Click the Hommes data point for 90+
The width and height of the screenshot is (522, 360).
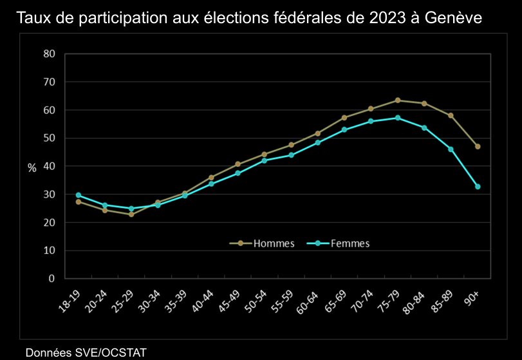coord(478,147)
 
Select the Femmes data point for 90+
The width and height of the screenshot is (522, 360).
coord(478,187)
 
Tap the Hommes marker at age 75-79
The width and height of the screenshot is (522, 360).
coord(398,100)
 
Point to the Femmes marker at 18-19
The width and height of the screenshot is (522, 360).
coord(79,195)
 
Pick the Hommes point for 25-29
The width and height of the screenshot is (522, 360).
coord(131,214)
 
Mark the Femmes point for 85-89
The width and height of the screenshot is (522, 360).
coord(451,149)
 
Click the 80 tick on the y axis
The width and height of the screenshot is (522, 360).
coord(50,53)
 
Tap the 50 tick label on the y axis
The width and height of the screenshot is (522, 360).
coord(50,138)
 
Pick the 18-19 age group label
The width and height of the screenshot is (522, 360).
coord(70,300)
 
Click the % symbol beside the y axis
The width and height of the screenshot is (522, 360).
coord(32,167)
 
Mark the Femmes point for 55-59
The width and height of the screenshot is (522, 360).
coord(291,155)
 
